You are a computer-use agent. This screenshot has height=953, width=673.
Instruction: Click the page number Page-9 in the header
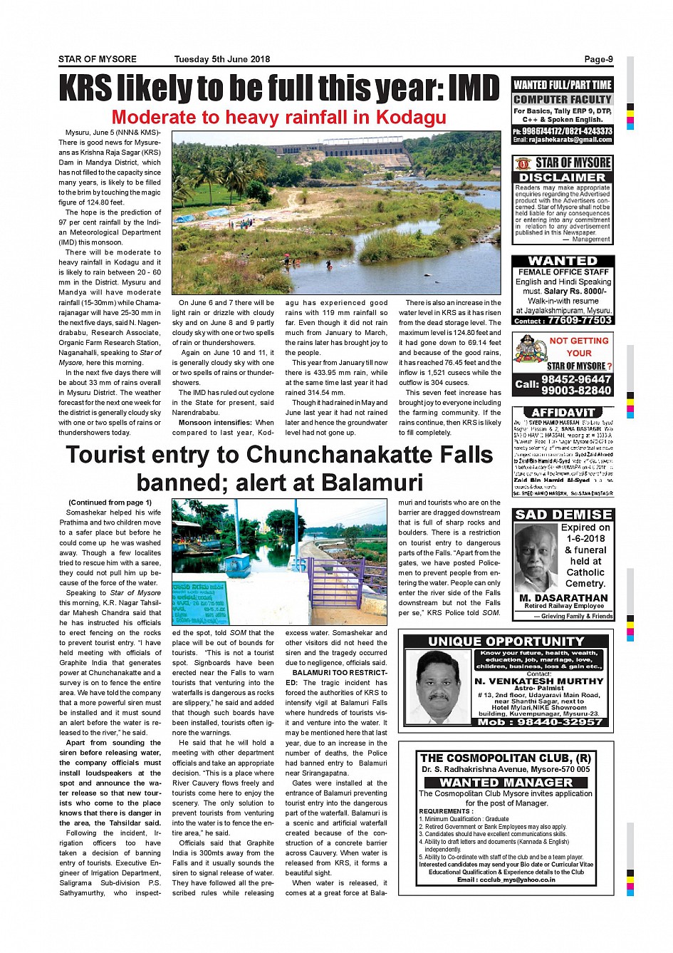598,60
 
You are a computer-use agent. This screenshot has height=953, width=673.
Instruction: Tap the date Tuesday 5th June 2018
221,60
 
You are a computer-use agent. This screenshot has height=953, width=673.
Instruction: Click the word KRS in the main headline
85,89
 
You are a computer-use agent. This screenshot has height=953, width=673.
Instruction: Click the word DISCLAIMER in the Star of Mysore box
562,177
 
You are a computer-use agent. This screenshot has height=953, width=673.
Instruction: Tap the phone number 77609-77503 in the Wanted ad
580,321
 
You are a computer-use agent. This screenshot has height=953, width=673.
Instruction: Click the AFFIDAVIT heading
562,413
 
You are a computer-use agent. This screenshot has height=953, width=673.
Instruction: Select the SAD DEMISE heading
563,515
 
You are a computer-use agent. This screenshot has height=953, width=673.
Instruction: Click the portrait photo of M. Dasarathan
536,558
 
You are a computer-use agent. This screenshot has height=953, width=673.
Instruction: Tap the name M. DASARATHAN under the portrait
563,598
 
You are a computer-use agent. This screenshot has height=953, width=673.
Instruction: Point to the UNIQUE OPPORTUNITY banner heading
506,642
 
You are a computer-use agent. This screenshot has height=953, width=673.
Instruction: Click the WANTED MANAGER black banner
505,782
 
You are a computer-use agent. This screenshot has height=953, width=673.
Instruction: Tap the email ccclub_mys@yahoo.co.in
506,880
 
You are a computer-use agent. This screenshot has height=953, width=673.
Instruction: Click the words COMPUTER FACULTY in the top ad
562,100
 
